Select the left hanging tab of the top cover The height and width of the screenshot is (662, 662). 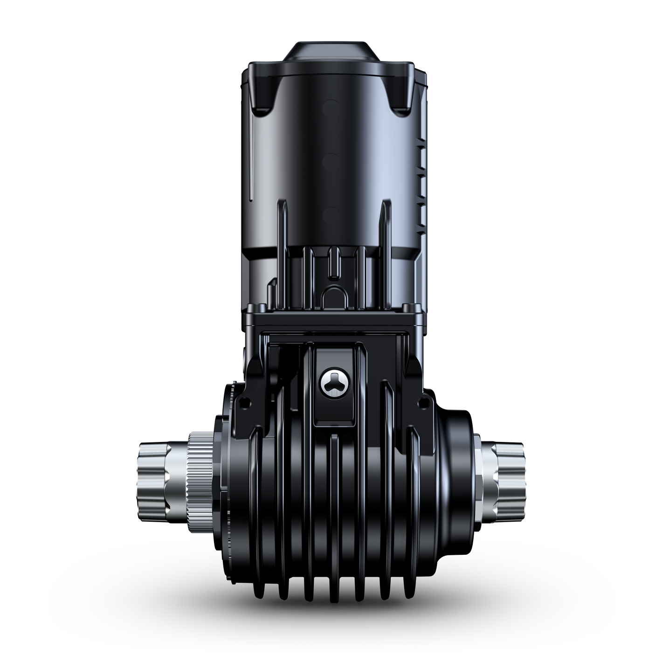click(x=264, y=96)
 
